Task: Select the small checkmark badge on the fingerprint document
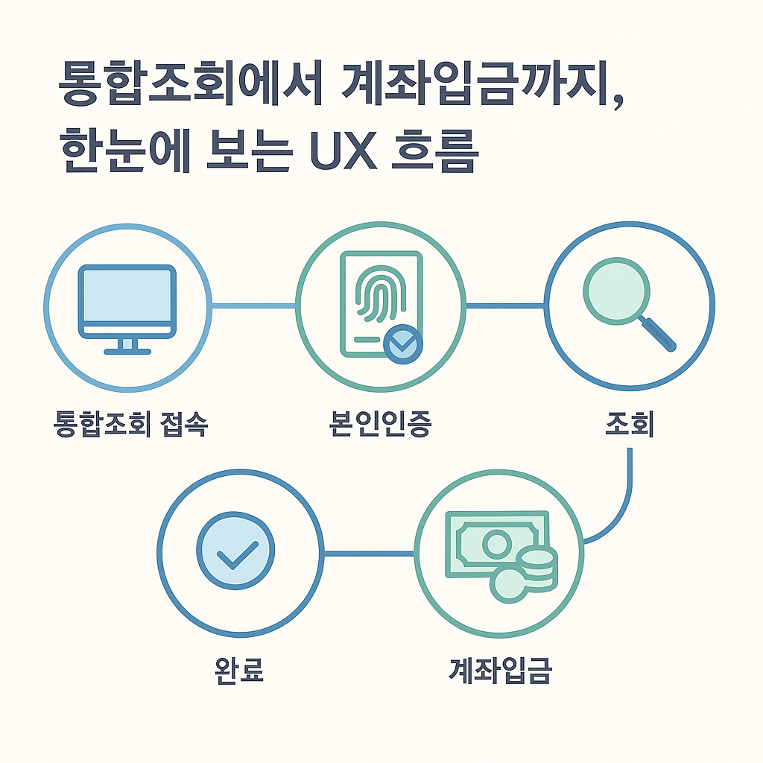[x=403, y=343]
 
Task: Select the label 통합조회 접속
[x=130, y=424]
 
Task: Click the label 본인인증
[x=380, y=424]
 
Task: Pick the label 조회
[x=630, y=424]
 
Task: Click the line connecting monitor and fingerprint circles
[x=253, y=305]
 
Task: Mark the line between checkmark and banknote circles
[x=369, y=553]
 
